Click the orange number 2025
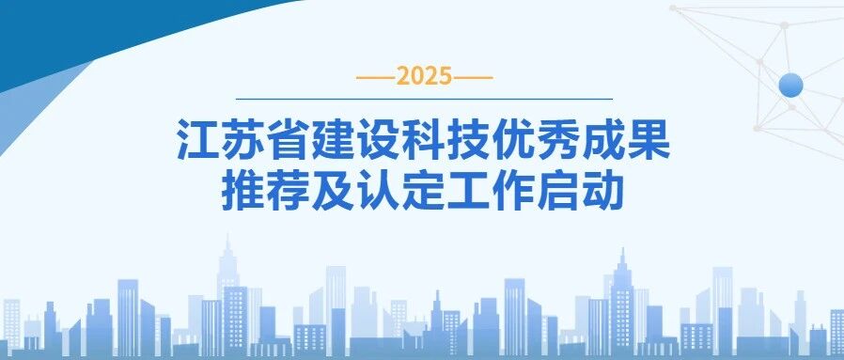(x=424, y=77)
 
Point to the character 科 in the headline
(x=424, y=141)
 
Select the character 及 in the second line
(x=334, y=192)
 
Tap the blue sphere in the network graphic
(x=790, y=85)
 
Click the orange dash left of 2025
(x=376, y=78)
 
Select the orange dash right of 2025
(x=473, y=78)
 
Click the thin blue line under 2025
(x=424, y=99)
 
